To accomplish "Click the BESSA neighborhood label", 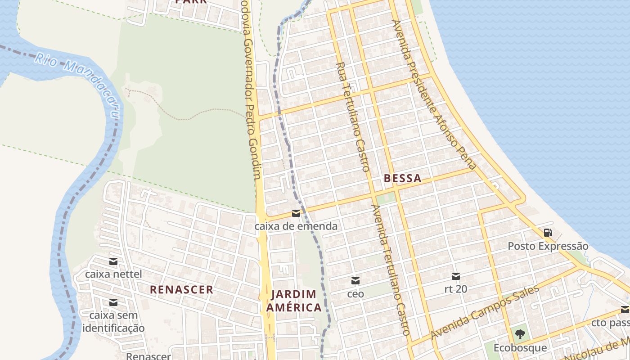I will click(x=403, y=178).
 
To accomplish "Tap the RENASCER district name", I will click(x=181, y=289).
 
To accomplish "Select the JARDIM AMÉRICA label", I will click(x=294, y=301).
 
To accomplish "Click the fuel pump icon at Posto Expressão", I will click(x=548, y=233).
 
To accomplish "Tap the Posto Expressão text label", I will click(x=548, y=246).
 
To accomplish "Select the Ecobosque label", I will click(x=520, y=348).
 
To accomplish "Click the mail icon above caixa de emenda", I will click(x=296, y=213).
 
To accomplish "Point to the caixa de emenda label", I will click(x=296, y=226).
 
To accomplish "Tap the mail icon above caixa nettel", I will click(x=113, y=261).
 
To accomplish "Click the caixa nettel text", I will click(x=113, y=274).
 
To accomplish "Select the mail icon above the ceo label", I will click(x=355, y=281).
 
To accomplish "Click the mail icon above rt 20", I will click(x=456, y=276).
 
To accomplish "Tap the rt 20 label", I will click(x=456, y=289).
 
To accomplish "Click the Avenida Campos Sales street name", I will click(x=484, y=312).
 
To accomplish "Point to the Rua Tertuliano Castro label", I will click(x=353, y=117).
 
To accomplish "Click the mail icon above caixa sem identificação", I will click(x=113, y=302).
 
